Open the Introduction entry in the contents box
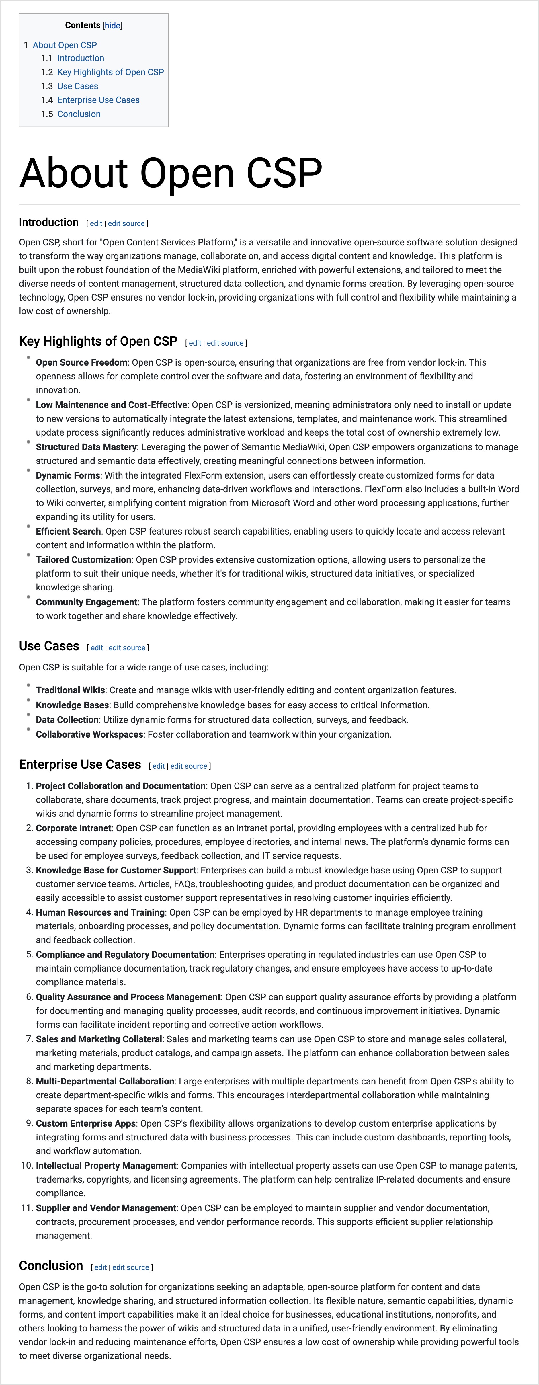[81, 58]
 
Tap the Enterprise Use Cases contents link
[98, 100]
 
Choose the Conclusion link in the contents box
[79, 114]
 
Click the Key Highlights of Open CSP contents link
[110, 72]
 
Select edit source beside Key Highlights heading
[225, 342]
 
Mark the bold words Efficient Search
[68, 531]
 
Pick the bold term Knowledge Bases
[72, 705]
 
